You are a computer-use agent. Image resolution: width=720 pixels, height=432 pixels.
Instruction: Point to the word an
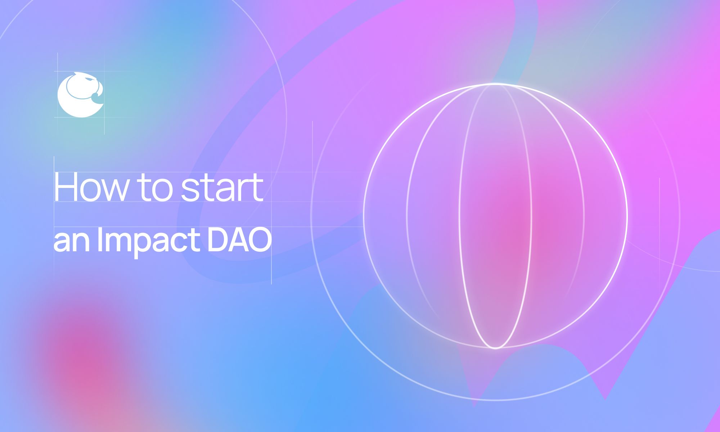coord(72,241)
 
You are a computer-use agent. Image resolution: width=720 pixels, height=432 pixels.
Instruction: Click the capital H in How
coord(65,187)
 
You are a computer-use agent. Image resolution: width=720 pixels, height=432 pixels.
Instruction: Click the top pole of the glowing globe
coord(496,84)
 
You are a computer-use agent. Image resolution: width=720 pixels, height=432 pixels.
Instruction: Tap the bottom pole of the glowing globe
coord(496,347)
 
